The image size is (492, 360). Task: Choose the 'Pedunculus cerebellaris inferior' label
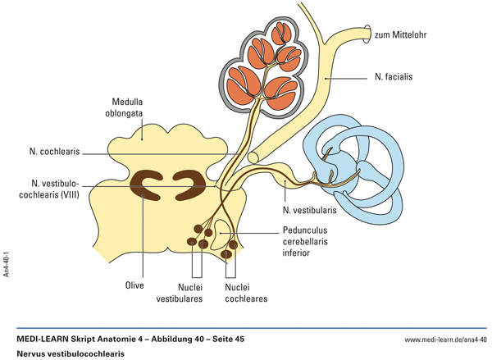309,242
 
